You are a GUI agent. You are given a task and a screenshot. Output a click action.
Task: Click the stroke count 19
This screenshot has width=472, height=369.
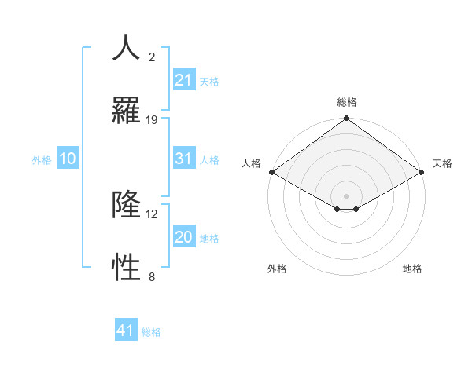[152, 120]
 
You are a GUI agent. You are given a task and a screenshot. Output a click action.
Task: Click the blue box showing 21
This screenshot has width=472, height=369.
[183, 79]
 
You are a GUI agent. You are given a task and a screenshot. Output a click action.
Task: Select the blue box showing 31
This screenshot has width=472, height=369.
[183, 159]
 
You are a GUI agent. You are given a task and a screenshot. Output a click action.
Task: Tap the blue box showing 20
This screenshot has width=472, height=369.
[183, 237]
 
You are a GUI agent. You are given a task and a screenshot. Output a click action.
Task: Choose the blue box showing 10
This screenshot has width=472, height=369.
[67, 159]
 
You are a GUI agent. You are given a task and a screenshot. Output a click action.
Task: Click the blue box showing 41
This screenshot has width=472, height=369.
[126, 331]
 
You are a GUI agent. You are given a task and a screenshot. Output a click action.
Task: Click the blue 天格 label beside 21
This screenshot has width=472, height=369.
[209, 81]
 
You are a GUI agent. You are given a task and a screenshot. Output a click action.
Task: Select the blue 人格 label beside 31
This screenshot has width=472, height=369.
[209, 160]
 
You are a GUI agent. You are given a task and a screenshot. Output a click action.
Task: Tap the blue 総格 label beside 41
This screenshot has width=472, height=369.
[151, 332]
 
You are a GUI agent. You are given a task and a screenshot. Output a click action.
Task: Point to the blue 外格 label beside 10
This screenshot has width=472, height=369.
[42, 160]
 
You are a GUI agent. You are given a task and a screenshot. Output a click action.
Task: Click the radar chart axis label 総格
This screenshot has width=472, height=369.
[347, 102]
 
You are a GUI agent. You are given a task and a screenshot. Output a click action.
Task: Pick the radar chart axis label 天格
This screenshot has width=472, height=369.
[442, 163]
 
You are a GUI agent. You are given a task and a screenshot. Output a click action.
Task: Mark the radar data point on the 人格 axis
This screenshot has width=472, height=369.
[271, 172]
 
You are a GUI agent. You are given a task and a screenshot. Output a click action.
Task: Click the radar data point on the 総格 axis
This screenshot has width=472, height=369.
[346, 119]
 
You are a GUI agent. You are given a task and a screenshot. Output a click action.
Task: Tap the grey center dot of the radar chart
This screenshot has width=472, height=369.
[346, 195]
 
